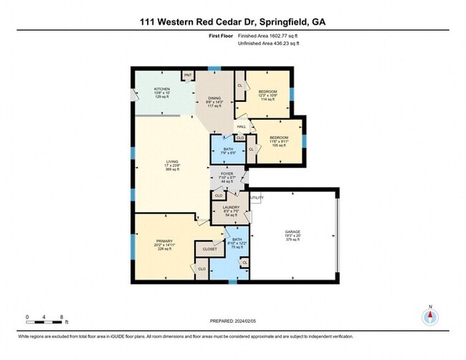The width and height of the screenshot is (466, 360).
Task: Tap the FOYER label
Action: [227, 173]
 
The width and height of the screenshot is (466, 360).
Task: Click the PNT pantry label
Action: [189, 75]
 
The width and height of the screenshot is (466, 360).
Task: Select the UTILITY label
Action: [257, 197]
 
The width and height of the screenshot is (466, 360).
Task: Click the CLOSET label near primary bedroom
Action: [210, 249]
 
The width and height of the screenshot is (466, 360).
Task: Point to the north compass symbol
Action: [430, 316]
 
